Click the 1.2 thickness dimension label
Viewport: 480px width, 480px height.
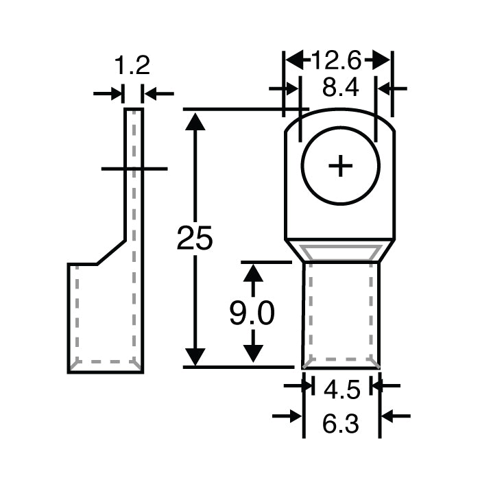132,66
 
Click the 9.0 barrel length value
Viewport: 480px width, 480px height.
252,313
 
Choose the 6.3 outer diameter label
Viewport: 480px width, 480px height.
340,424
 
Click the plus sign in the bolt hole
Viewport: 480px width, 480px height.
340,166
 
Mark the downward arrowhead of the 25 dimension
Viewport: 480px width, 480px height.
195,357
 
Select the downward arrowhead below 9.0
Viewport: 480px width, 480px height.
254,353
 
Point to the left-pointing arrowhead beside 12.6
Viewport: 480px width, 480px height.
294,60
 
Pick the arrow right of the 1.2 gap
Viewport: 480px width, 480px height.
152,93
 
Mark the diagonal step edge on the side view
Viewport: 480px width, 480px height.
110,252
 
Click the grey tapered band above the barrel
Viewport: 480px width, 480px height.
340,252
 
